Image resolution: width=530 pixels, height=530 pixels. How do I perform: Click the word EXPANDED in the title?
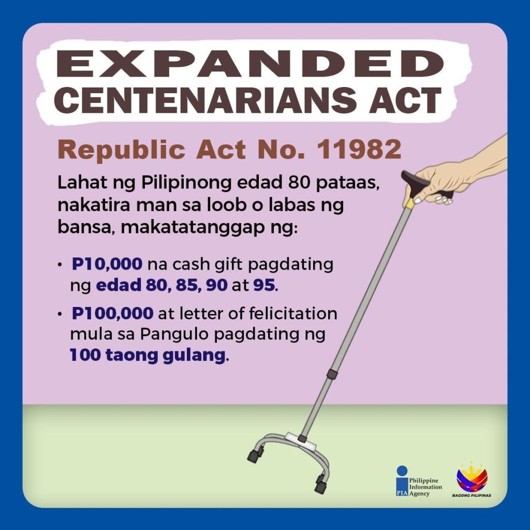pos(250,64)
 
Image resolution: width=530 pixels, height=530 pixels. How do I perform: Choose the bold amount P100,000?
pos(112,313)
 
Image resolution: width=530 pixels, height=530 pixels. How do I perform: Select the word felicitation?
pos(293,313)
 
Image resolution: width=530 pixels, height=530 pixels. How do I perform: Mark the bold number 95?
pos(264,285)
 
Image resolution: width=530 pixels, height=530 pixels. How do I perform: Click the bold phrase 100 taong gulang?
pos(148,356)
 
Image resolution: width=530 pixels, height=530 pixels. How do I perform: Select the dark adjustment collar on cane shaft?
pos(332,374)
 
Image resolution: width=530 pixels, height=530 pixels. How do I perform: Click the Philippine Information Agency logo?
pos(419,481)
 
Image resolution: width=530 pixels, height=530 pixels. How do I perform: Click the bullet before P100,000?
pos(60,314)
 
